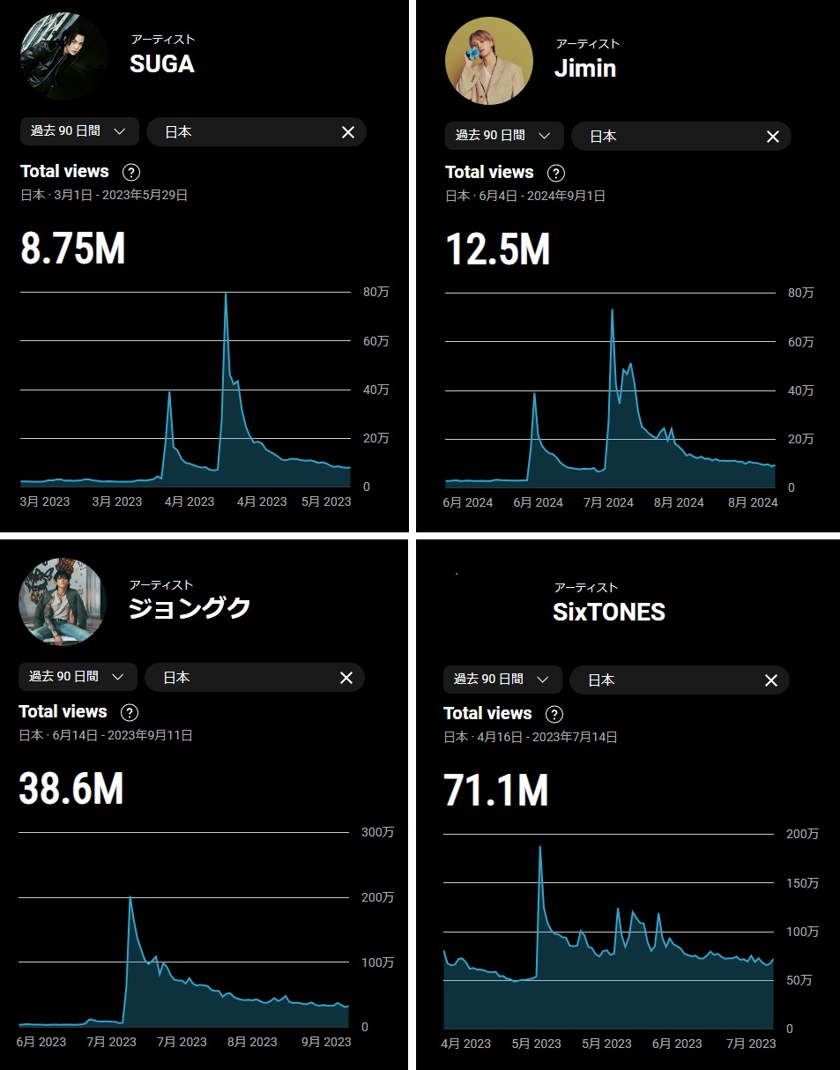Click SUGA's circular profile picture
tap(63, 56)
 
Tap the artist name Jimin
tap(584, 69)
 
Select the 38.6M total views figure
tap(71, 789)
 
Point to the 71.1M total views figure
tap(496, 791)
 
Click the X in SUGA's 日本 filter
tap(347, 132)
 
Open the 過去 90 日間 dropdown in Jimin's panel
tap(502, 136)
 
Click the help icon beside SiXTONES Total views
tap(554, 714)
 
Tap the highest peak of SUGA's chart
tap(226, 294)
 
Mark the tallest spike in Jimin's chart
tap(612, 310)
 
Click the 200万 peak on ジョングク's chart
tap(130, 897)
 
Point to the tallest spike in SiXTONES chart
tap(539, 847)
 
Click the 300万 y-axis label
tap(377, 833)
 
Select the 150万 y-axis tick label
tap(801, 883)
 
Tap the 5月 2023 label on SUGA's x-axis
tap(326, 502)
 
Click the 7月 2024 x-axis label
tap(607, 502)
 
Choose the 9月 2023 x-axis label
tap(326, 1042)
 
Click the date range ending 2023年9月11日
tap(105, 735)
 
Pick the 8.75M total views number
tap(73, 249)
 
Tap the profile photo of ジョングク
tap(63, 601)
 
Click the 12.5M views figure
tap(498, 249)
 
